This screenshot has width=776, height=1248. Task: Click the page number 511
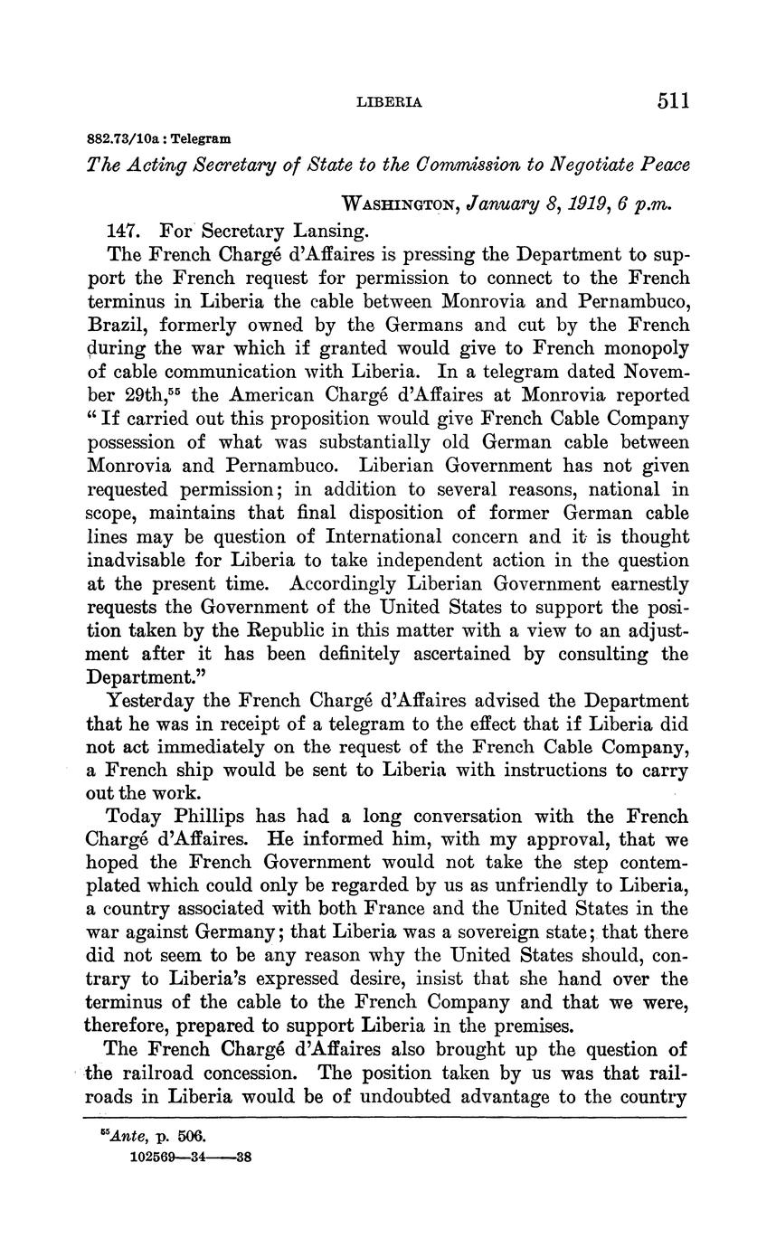click(673, 99)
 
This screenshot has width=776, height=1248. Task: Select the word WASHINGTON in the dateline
click(401, 205)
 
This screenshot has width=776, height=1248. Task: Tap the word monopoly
click(645, 347)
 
